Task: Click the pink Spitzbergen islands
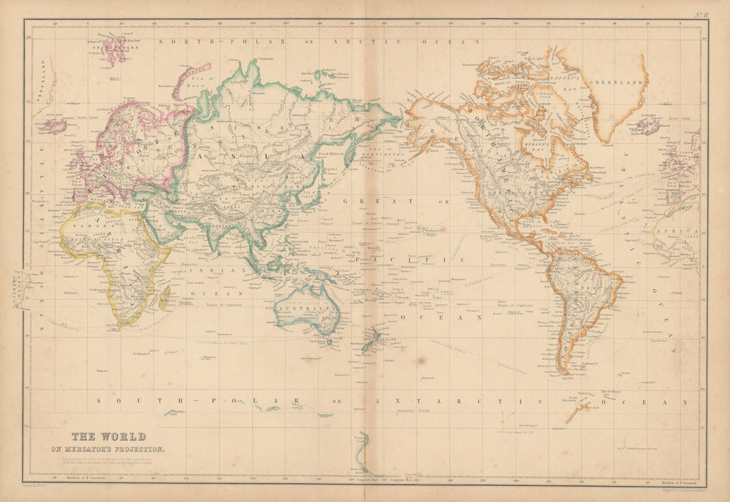pyautogui.click(x=113, y=50)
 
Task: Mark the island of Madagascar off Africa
pyautogui.click(x=165, y=296)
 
